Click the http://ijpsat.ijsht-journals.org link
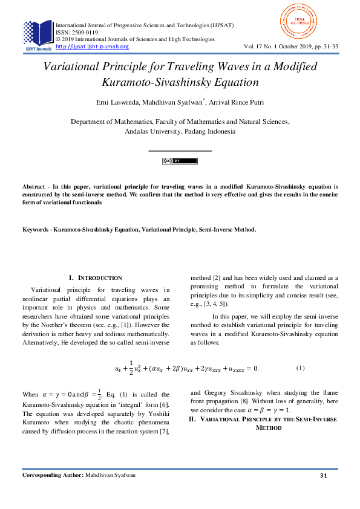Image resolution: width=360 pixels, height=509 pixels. tap(92, 47)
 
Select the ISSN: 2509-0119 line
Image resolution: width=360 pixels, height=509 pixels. tap(78, 32)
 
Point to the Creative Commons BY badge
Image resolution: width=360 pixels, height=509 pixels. tap(180, 161)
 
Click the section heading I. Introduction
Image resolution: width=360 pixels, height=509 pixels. tap(96, 277)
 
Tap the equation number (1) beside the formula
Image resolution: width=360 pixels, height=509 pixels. tap(301, 368)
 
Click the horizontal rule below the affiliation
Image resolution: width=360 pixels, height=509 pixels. tap(180, 150)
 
